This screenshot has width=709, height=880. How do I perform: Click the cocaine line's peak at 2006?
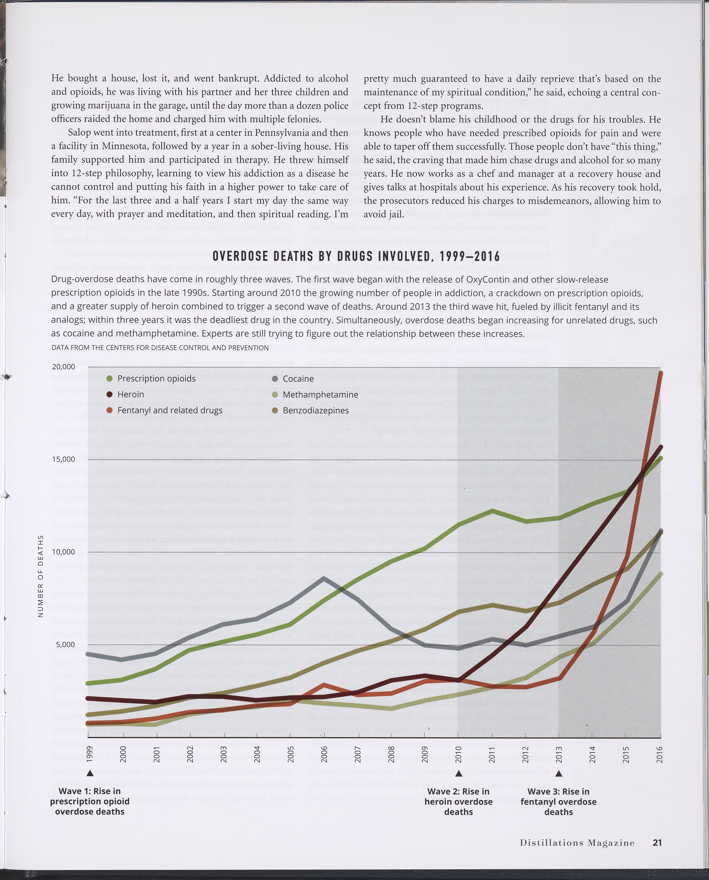click(x=324, y=578)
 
